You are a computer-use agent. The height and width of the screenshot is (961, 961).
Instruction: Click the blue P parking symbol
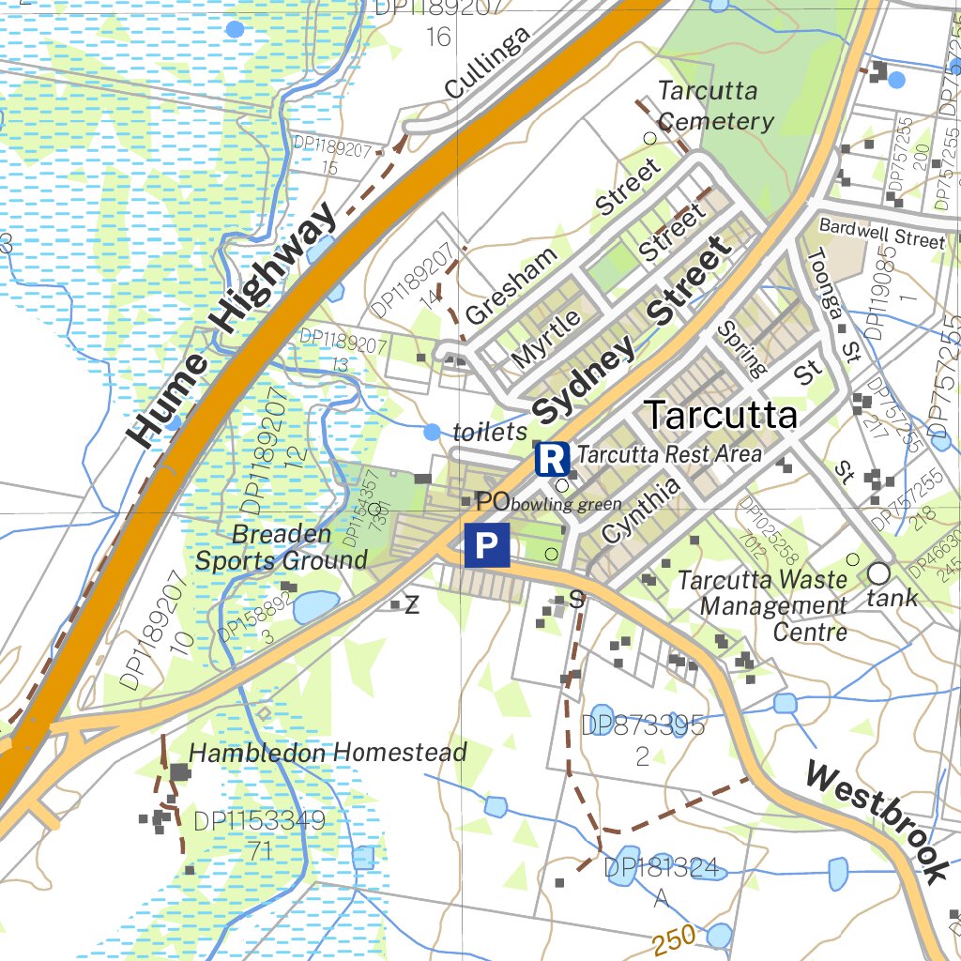point(486,545)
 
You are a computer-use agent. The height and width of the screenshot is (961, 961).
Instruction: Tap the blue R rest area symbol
point(552,459)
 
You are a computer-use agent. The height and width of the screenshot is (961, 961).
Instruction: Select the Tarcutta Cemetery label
point(716,106)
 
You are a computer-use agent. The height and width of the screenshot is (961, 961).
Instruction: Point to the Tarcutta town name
point(722,415)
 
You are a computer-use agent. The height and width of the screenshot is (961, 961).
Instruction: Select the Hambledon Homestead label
point(328,753)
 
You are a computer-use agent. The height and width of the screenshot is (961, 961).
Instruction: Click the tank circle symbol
point(878,572)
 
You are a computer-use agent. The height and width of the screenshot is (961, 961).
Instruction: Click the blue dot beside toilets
point(431,432)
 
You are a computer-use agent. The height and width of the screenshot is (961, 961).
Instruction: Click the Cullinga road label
point(487,63)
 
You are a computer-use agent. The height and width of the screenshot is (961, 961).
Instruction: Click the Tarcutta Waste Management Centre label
point(761,605)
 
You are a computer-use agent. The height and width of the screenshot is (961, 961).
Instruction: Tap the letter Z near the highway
point(411,606)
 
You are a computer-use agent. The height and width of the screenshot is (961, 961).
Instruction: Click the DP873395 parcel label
point(642,725)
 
